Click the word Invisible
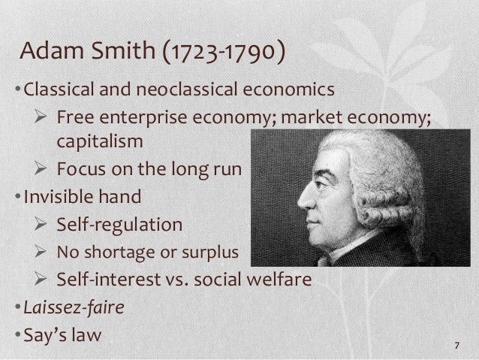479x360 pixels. click(58, 199)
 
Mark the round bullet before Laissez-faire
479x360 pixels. click(20, 307)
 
